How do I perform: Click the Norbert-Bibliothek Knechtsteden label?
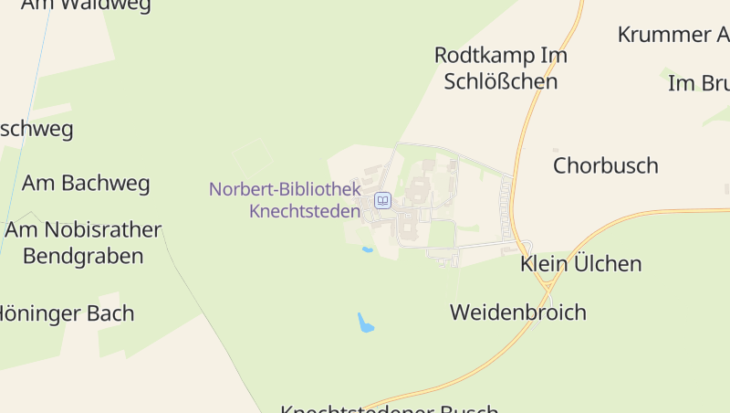[285, 200]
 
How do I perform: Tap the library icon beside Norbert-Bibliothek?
[383, 200]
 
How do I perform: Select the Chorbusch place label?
[605, 165]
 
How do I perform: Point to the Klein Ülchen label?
[580, 264]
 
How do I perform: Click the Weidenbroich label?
[517, 312]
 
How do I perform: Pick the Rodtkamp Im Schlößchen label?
[500, 68]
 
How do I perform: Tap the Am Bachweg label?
[86, 183]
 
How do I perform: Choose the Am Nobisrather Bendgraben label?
[83, 242]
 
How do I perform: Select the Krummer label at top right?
[673, 35]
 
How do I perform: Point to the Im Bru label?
[698, 83]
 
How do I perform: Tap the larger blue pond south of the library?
[366, 323]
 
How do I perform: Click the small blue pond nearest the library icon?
[367, 249]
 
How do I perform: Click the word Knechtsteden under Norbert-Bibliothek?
[305, 211]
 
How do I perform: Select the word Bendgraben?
[83, 256]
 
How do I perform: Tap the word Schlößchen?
[500, 81]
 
